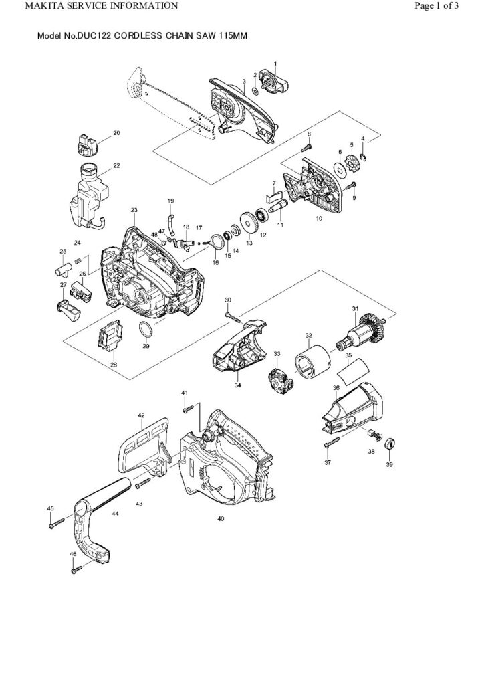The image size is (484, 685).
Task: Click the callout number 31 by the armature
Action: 355,308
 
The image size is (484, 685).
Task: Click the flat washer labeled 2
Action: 259,88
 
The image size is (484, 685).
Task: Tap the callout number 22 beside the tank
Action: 116,165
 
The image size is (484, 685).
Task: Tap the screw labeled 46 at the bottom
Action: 78,569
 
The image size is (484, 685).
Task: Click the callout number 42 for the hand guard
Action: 142,415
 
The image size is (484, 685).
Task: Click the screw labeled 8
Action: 310,144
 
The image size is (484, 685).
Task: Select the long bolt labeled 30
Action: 233,312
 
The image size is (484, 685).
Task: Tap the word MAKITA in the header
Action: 24,7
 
